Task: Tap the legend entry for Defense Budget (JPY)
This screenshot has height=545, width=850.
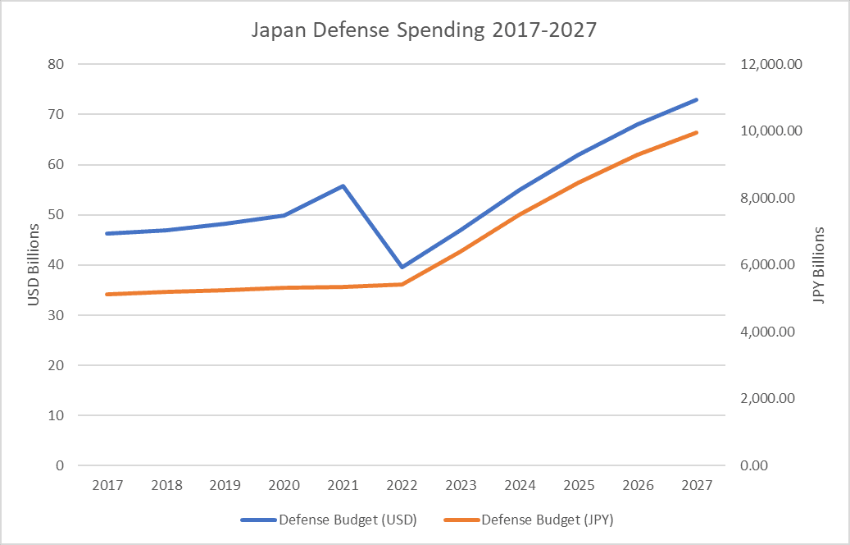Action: [534, 520]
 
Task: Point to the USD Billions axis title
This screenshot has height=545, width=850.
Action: [34, 264]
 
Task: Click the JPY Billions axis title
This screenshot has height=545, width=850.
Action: [818, 264]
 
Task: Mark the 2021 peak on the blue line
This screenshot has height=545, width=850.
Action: [343, 185]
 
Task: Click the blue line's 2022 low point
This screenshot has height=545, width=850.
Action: [402, 267]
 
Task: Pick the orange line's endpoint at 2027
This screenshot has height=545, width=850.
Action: [697, 132]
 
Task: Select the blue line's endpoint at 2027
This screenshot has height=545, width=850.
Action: [697, 99]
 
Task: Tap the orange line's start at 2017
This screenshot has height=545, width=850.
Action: [107, 294]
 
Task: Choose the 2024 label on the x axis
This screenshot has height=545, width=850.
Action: [520, 485]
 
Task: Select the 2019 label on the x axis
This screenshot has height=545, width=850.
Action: [225, 485]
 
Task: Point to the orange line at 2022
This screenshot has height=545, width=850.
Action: [402, 284]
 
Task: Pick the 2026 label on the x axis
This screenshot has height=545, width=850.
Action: [638, 485]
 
